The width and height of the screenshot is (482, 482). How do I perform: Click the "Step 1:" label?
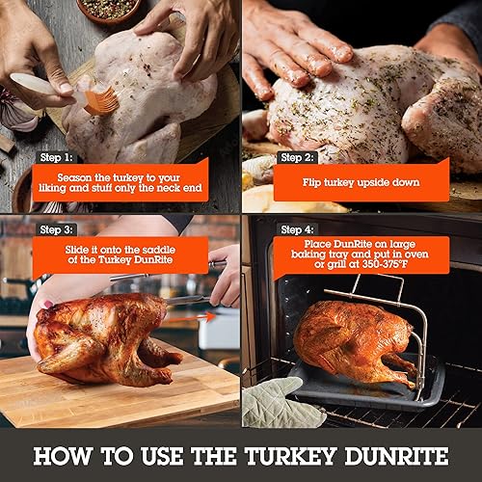(x=59, y=157)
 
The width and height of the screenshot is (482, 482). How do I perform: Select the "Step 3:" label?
(x=59, y=229)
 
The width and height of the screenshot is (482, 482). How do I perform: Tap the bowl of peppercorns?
(x=106, y=10)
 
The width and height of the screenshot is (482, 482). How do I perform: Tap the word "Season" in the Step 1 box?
(x=75, y=177)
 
